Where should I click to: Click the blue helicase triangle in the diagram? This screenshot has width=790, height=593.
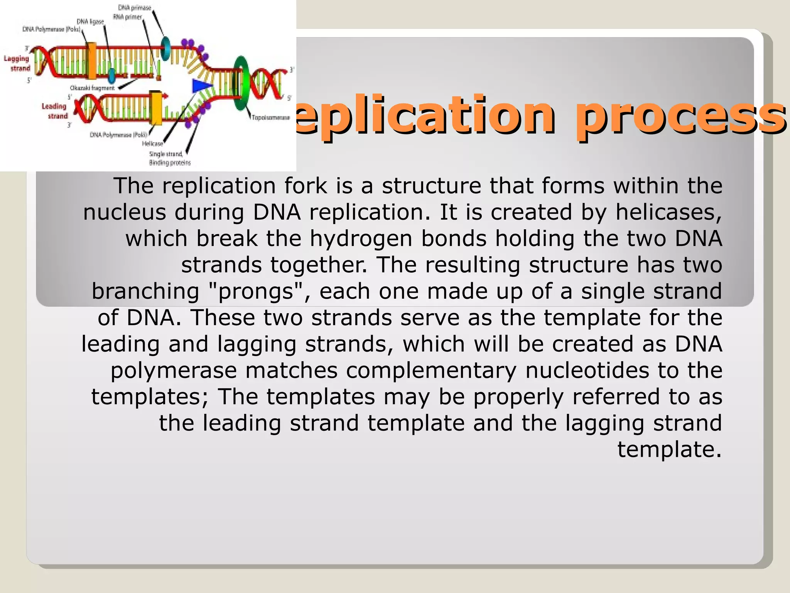coord(201,86)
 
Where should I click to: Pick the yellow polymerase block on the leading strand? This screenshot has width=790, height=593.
coord(156,108)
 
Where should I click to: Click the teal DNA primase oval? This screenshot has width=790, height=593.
coord(166,49)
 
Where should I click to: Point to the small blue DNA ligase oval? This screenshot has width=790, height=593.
coord(111,76)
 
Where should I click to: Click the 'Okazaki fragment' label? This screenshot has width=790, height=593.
coord(92,88)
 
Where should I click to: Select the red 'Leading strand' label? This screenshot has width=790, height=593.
coord(55,111)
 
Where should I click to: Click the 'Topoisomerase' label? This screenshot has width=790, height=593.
coord(271,117)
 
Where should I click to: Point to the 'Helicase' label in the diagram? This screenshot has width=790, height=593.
coord(152,144)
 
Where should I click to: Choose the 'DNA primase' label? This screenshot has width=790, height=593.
coord(134,8)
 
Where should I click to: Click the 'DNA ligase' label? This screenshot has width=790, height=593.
coord(90,22)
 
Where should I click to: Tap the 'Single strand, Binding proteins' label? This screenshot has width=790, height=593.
coord(170,158)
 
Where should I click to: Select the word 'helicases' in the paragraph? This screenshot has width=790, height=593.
coord(668,212)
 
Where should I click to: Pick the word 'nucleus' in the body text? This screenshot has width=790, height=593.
coord(125,212)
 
